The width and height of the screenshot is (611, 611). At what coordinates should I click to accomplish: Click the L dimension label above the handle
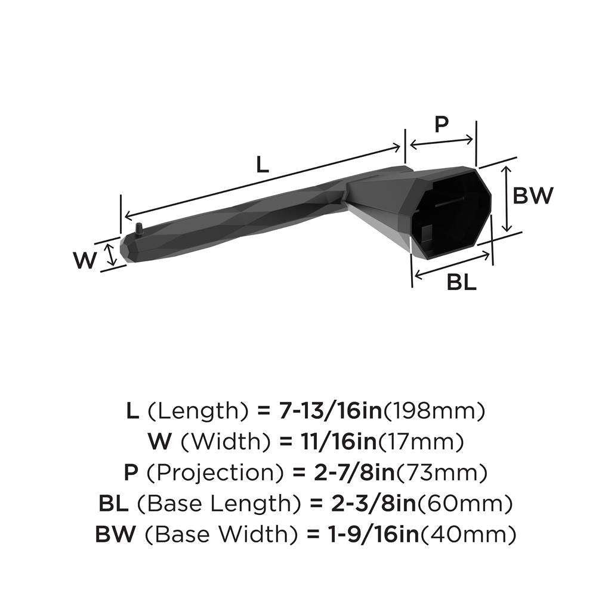[x=263, y=165]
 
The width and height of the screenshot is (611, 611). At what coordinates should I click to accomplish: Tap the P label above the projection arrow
[x=441, y=125]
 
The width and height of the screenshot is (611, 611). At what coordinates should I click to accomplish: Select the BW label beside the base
[x=533, y=195]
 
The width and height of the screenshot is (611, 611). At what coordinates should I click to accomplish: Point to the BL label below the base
[x=461, y=282]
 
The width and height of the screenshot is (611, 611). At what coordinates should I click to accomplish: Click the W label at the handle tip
[x=84, y=260]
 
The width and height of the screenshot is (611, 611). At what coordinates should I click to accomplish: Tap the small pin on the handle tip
[x=138, y=229]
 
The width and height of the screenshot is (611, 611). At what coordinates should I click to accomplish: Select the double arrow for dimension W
[x=111, y=254]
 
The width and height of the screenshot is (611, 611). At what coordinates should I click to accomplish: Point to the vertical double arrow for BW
[x=506, y=199]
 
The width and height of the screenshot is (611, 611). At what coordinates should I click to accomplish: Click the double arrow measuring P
[x=442, y=142]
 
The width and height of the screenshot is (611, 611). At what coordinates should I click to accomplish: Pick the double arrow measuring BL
[x=452, y=265]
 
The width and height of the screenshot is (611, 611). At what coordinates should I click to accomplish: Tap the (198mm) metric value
[x=434, y=412]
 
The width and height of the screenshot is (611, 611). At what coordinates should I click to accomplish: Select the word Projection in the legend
[x=215, y=473]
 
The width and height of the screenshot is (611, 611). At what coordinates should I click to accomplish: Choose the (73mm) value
[x=442, y=473]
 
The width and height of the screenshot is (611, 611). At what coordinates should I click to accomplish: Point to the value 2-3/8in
[x=374, y=504]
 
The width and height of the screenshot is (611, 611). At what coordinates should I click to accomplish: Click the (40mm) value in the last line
[x=468, y=535]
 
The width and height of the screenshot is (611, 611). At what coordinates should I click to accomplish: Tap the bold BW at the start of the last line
[x=115, y=534]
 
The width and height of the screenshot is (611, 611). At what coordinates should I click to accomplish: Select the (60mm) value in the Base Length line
[x=465, y=504]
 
